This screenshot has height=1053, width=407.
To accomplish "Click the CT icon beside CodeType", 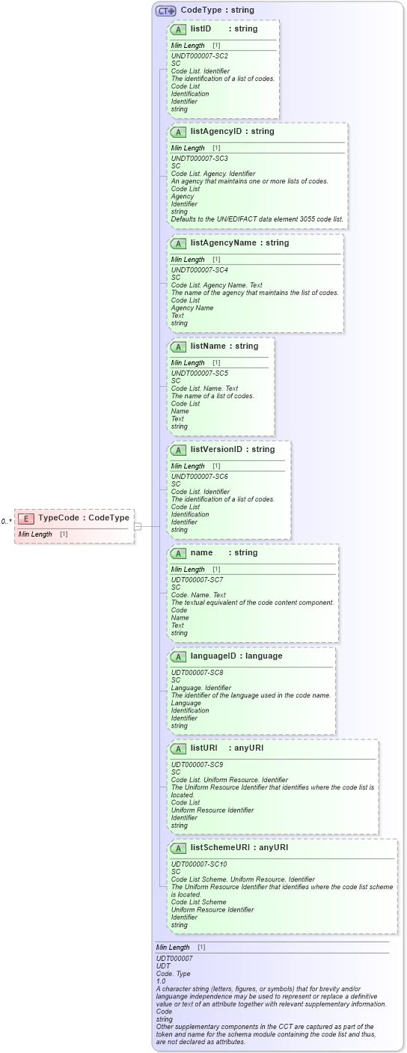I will (x=165, y=10).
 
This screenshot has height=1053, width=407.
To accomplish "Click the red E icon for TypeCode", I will (x=26, y=518).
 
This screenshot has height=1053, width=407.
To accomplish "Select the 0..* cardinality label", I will (x=6, y=521).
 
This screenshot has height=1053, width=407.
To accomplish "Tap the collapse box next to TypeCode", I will (x=138, y=526).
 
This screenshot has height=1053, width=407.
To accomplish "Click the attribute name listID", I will (x=201, y=29).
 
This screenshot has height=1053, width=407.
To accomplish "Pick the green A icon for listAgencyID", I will (x=178, y=132).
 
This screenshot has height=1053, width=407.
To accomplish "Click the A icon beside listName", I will (x=178, y=347).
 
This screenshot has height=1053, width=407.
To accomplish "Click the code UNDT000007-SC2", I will (x=199, y=56).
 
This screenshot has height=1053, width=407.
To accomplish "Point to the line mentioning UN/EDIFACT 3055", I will (x=257, y=219).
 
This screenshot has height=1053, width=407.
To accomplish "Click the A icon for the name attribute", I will (x=178, y=554).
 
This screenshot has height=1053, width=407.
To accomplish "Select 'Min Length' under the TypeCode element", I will (x=35, y=534).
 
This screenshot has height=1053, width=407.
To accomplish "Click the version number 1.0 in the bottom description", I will (x=161, y=981).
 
